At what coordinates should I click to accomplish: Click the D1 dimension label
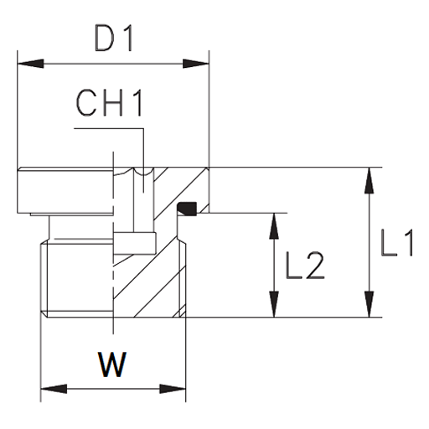(x=113, y=39)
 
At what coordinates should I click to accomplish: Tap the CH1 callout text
(x=109, y=103)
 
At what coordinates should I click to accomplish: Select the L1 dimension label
(x=397, y=243)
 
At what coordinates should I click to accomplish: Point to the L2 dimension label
(x=305, y=266)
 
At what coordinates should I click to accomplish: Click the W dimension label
(x=112, y=364)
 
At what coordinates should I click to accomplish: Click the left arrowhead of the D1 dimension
(x=30, y=64)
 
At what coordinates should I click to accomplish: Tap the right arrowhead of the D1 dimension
(x=196, y=64)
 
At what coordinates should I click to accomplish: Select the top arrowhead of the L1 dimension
(x=370, y=180)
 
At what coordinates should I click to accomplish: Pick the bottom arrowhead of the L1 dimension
(x=370, y=304)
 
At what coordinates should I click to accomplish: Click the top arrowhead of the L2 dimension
(x=274, y=226)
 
